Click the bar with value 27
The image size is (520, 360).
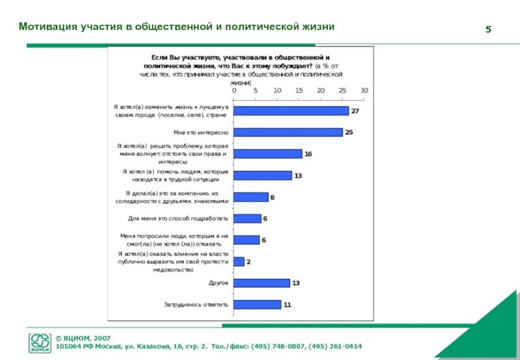(291, 111)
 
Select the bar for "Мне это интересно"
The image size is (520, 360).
(287, 133)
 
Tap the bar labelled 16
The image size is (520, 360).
(268, 154)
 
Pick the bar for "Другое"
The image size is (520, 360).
(261, 283)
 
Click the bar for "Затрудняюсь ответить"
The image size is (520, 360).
(257, 305)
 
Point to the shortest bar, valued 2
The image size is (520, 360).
(239, 261)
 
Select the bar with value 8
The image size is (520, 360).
(251, 197)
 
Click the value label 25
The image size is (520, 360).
(349, 133)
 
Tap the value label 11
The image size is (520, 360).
(287, 305)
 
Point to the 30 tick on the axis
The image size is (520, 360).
(364, 91)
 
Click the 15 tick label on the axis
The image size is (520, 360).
(299, 91)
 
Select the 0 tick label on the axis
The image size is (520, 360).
(234, 91)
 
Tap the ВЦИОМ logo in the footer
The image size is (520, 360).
(40, 342)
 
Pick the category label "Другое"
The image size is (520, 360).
(218, 283)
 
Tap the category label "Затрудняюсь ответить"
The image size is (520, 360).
(196, 305)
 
